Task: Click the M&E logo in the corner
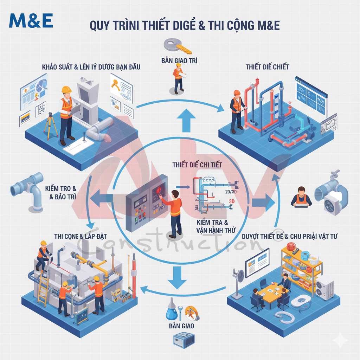pos(31,21)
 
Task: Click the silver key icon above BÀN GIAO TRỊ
pos(178,46)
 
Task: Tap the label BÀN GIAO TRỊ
pos(179,61)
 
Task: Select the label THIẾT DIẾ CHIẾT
pos(267,67)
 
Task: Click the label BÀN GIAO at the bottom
pos(181,326)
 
